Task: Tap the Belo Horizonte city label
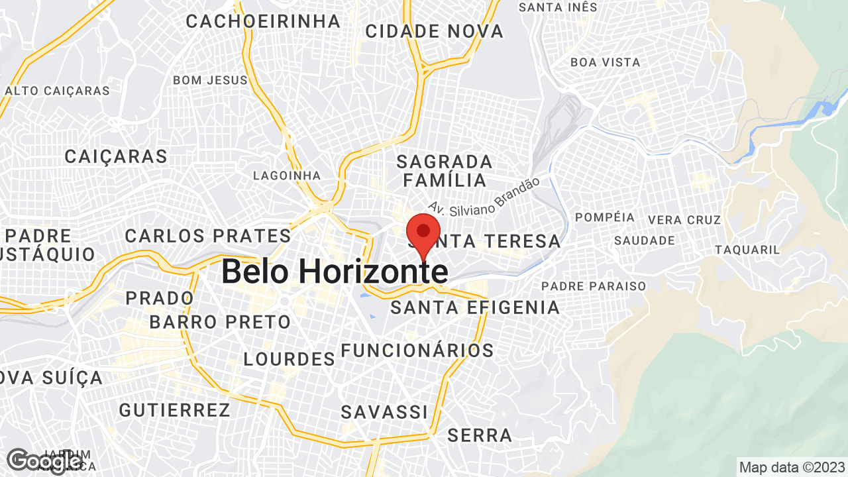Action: coord(335,272)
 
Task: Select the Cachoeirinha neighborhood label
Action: coord(263,21)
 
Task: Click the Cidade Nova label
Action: coord(435,31)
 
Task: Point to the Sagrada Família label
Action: coord(445,171)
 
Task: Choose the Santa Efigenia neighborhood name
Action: coord(475,307)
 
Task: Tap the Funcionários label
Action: coord(417,350)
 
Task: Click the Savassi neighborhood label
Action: coord(384,411)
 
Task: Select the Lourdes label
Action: coord(290,359)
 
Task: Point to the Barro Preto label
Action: coord(220,323)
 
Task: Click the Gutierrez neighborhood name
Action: coord(175,410)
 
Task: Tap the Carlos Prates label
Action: coord(208,236)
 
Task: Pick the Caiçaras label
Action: coord(116,156)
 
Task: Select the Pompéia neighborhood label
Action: coord(605,217)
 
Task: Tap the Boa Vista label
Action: coord(606,62)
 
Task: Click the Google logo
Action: coord(44,461)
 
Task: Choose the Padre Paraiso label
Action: coord(594,286)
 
